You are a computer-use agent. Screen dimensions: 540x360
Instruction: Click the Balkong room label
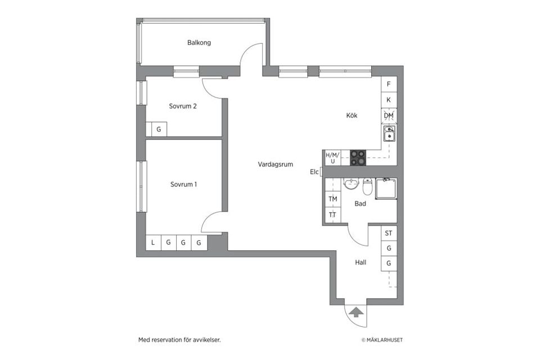(x=199, y=43)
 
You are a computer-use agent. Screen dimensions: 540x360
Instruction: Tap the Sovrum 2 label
(x=182, y=106)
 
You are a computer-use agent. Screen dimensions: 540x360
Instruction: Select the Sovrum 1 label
(x=183, y=184)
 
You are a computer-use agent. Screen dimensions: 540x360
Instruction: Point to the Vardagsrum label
(x=276, y=164)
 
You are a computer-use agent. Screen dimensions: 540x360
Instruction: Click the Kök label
(x=352, y=115)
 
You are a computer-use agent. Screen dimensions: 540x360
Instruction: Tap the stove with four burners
(x=358, y=157)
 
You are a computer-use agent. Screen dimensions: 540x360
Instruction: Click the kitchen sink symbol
(x=389, y=134)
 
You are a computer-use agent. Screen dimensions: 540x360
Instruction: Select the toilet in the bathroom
(x=367, y=186)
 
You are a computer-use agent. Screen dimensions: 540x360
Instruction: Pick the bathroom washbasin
(x=351, y=183)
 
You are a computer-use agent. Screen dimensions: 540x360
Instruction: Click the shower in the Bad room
(x=386, y=188)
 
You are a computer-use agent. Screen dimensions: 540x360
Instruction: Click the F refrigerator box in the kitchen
(x=389, y=84)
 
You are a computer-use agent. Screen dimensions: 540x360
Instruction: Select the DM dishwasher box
(x=389, y=115)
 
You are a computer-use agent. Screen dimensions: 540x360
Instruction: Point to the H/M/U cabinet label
(x=332, y=157)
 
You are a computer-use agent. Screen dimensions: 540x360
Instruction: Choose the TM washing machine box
(x=333, y=199)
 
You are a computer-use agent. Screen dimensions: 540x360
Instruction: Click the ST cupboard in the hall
(x=389, y=233)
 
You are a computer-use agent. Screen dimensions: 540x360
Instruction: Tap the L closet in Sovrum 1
(x=153, y=242)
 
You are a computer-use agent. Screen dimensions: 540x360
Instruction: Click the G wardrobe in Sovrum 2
(x=159, y=129)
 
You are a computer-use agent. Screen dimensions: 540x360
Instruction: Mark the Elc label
(x=314, y=172)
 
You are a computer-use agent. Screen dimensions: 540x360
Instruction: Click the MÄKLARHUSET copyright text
(x=382, y=340)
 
